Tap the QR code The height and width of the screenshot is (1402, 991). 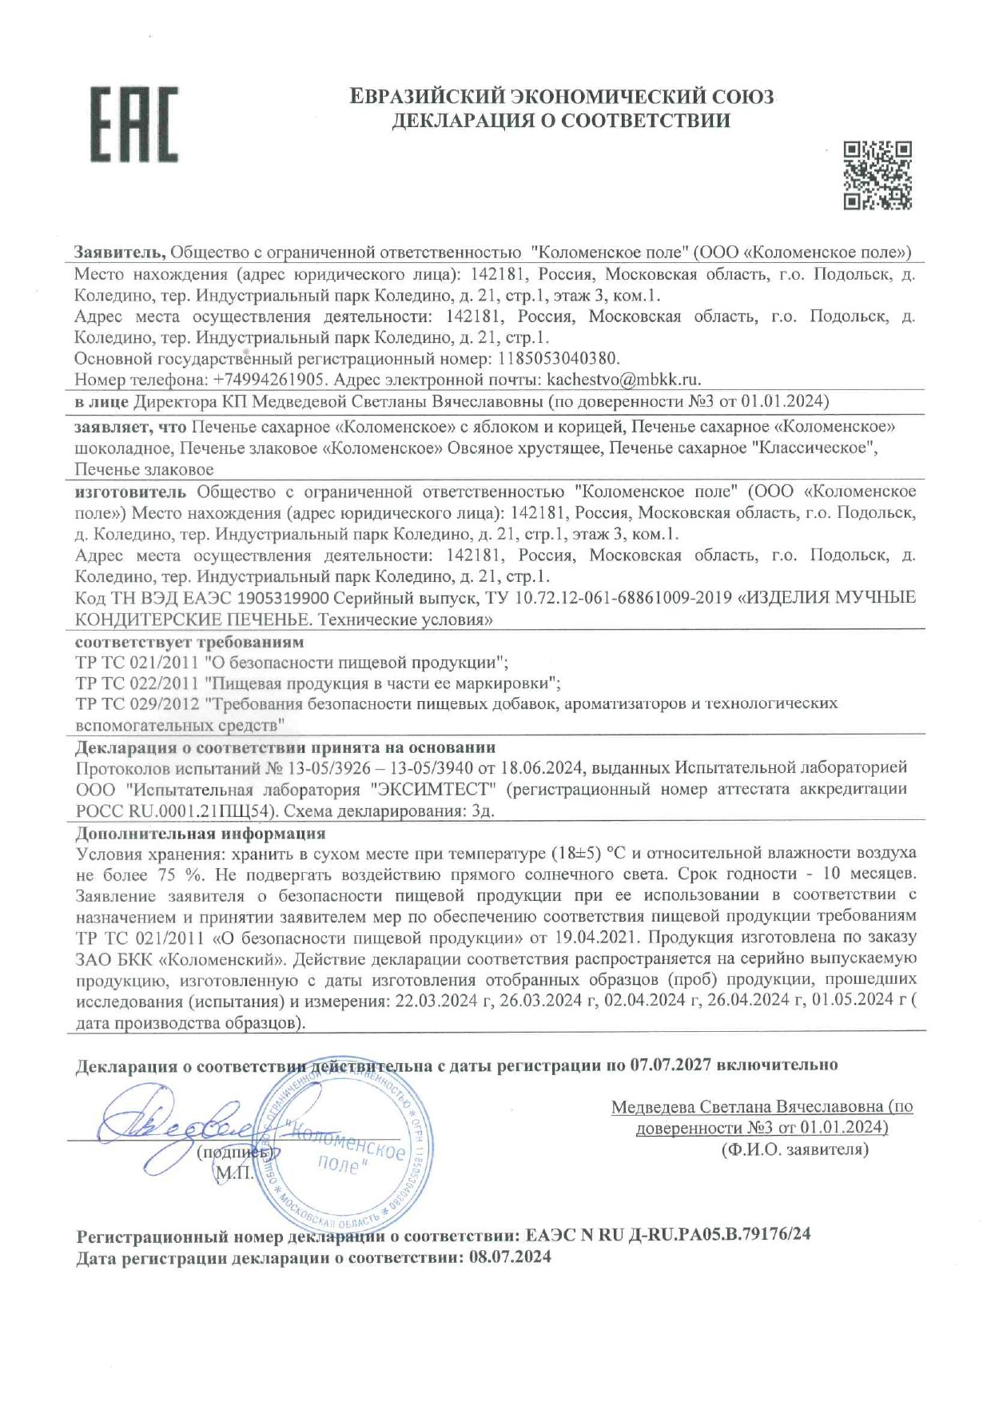click(878, 175)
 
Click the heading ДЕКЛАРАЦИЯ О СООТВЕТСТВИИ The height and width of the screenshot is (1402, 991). click(561, 121)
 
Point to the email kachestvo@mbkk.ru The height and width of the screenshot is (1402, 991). click(623, 379)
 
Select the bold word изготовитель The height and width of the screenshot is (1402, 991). click(131, 491)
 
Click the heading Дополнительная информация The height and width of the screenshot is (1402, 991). click(200, 833)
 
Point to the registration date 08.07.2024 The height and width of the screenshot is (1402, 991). click(510, 1257)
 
